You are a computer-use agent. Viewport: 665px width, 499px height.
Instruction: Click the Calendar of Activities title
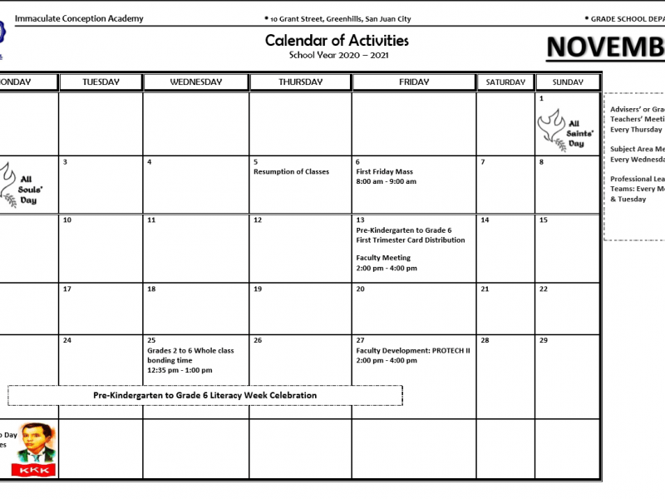[337, 40]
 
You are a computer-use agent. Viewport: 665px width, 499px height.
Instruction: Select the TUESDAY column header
[101, 82]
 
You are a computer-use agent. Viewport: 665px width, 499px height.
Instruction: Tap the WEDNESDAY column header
[195, 82]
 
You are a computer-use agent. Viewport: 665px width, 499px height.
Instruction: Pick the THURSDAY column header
[300, 82]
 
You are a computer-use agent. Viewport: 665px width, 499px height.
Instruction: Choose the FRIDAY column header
[414, 82]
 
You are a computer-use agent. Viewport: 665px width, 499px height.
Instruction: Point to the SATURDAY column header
[505, 82]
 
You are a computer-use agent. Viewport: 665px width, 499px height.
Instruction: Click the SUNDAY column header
[568, 82]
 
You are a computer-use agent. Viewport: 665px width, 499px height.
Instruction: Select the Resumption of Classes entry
[291, 172]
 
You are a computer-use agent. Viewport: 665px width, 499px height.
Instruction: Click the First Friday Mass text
[384, 172]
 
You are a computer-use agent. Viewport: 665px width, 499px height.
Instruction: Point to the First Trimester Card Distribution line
[411, 240]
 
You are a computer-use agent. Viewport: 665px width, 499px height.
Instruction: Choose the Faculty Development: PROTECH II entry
[413, 350]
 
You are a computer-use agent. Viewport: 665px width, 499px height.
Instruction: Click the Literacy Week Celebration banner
[204, 395]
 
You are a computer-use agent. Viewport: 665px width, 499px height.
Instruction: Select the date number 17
[67, 289]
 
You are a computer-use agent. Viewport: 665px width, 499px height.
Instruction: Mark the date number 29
[544, 341]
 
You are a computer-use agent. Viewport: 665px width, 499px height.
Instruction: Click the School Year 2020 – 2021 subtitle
[338, 56]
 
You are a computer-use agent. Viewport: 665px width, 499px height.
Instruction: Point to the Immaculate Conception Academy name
[79, 18]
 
